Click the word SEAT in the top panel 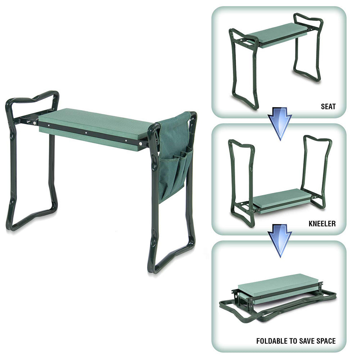coord(328,107)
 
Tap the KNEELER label coord(322,224)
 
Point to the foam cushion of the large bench coord(95,122)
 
